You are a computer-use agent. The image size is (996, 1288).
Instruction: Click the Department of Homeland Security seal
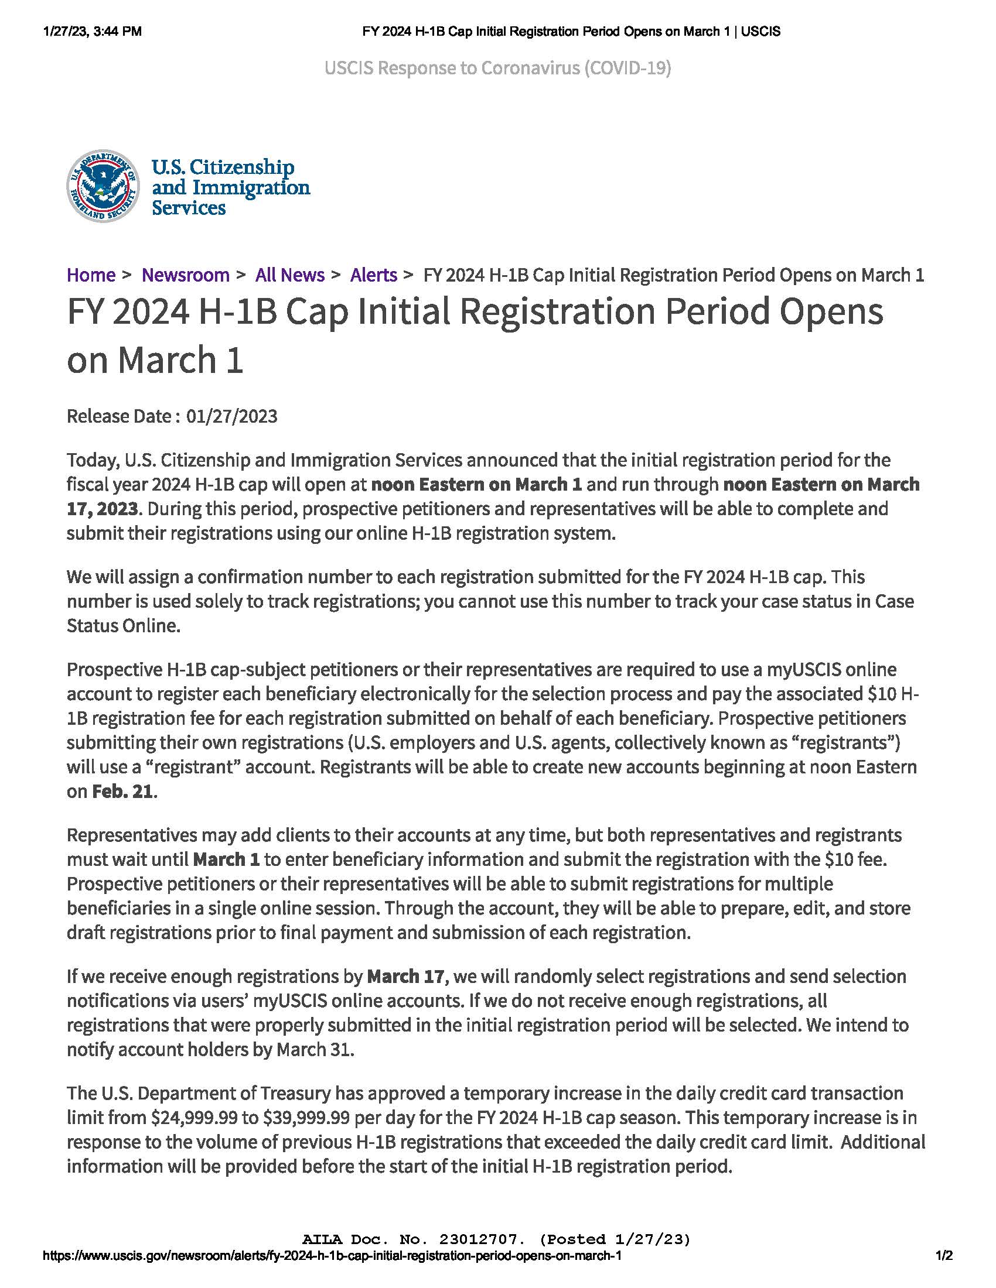point(103,186)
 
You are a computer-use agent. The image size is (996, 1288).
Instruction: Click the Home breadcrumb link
point(91,275)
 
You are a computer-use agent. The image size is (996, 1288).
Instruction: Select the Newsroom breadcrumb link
point(185,275)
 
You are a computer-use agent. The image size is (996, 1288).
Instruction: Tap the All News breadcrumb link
point(289,275)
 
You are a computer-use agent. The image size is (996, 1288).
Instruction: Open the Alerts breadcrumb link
point(374,275)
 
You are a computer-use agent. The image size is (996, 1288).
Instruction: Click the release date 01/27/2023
point(232,416)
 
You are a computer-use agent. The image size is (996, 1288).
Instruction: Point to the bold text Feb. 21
point(122,792)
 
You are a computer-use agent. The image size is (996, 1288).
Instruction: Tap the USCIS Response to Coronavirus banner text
point(497,68)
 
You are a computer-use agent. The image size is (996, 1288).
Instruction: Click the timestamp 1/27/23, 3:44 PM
point(93,32)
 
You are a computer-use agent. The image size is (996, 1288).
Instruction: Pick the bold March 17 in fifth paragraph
point(405,977)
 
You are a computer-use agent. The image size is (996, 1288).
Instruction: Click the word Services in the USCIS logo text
point(189,208)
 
